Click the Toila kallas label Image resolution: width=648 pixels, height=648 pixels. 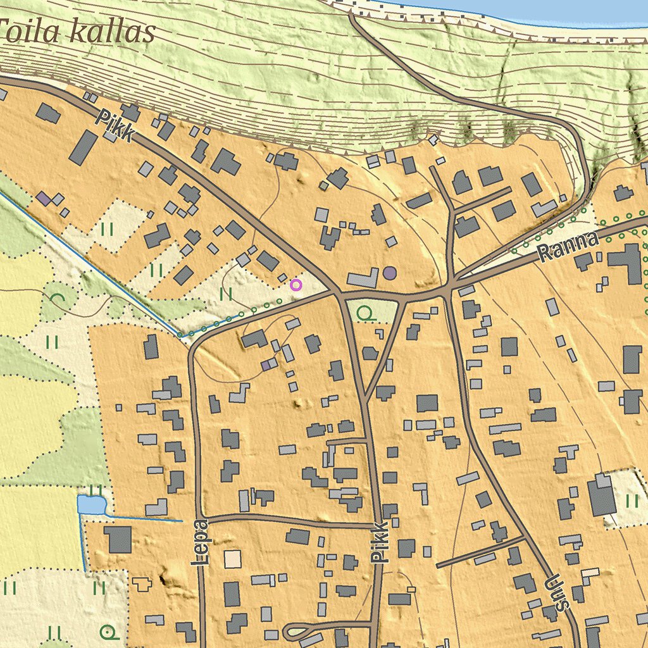tap(77, 32)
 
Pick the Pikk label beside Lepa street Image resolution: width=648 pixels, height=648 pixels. tap(379, 543)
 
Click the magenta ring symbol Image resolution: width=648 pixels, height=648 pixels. tap(296, 285)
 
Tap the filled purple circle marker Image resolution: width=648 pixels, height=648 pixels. tap(390, 273)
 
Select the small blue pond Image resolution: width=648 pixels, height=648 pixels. tap(90, 504)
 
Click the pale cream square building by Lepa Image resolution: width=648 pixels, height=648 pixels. tap(232, 559)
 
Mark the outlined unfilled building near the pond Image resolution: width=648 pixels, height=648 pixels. tap(141, 583)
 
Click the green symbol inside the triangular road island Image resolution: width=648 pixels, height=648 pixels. tap(364, 312)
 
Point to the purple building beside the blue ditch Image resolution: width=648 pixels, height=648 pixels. tap(43, 198)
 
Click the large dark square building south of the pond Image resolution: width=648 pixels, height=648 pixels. tap(118, 539)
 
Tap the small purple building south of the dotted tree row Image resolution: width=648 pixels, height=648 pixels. tap(269, 364)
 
